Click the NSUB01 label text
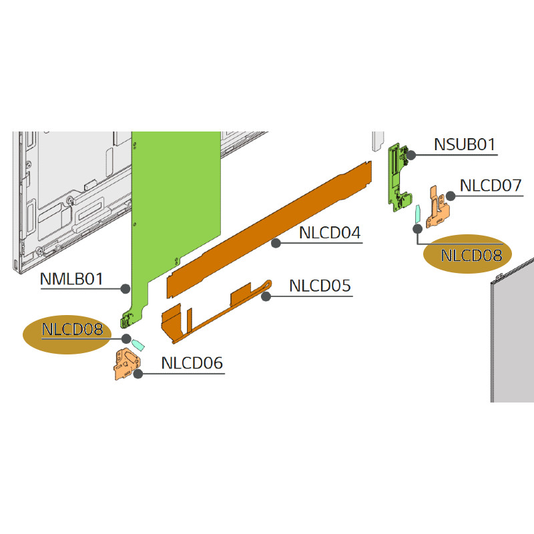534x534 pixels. point(465,144)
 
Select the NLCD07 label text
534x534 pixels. point(491,186)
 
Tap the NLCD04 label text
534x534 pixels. point(330,233)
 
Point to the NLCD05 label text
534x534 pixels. point(320,286)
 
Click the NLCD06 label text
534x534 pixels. point(192,363)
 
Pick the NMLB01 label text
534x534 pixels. point(71,279)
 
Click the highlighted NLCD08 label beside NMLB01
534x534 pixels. point(72,329)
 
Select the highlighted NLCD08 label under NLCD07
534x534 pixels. point(471,256)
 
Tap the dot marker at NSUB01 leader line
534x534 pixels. point(411,156)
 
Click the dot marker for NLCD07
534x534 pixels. point(451,196)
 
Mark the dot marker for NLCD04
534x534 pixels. point(276,243)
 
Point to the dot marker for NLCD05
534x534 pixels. point(266,296)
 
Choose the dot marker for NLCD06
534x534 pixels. point(138,374)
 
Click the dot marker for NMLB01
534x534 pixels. point(125,289)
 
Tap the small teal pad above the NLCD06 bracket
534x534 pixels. point(138,344)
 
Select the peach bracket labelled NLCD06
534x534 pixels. point(127,364)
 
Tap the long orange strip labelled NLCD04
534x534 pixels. point(269,230)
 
